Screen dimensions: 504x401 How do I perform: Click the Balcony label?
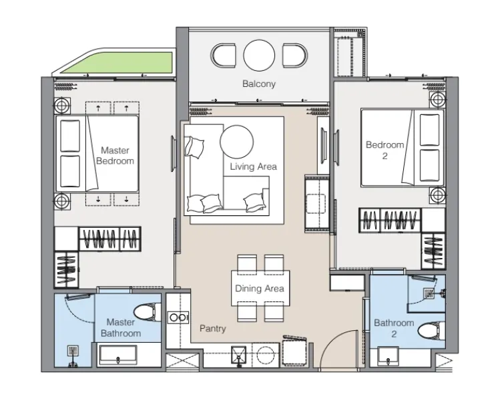tap(259, 84)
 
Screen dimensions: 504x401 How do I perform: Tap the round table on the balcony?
tap(259, 55)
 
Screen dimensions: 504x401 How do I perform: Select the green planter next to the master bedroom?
tap(117, 62)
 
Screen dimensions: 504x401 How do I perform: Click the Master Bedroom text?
tap(115, 156)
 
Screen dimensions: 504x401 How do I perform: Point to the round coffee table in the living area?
tap(236, 142)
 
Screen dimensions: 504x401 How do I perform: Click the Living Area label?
tap(253, 166)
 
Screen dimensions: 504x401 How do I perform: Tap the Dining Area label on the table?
tap(260, 288)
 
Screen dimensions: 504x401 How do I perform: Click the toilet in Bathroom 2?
tap(431, 330)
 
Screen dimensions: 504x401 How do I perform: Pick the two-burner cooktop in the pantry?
tap(178, 317)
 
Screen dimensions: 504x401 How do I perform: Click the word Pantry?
tap(213, 329)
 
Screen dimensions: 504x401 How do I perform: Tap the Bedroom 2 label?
tap(385, 150)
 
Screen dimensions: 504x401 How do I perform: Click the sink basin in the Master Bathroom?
tap(118, 356)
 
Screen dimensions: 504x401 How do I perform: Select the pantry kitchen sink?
tap(239, 355)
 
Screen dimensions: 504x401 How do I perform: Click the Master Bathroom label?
tap(121, 327)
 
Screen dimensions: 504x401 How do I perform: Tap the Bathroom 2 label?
tap(394, 328)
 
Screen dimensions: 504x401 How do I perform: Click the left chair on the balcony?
tap(224, 55)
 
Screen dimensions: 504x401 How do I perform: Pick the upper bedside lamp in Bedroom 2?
tap(437, 100)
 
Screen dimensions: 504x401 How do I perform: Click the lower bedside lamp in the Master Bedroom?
tap(62, 201)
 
